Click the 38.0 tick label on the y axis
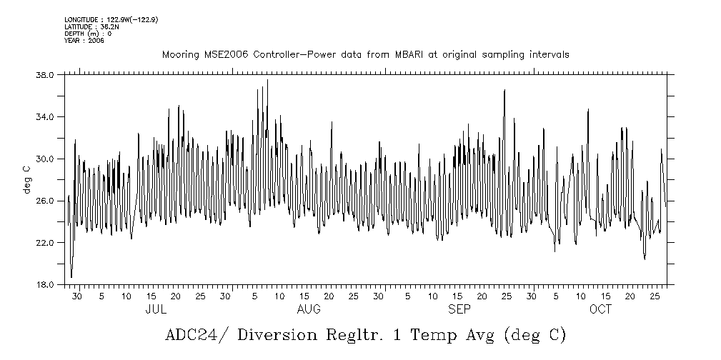(x=44, y=75)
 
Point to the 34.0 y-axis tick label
(x=44, y=117)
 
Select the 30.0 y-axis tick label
(x=44, y=159)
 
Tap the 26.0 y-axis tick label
(x=44, y=201)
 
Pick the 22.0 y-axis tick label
(x=44, y=243)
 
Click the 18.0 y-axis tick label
(x=44, y=284)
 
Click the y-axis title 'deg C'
(x=26, y=179)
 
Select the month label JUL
(x=156, y=310)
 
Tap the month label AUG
(x=309, y=310)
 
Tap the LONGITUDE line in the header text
(x=111, y=19)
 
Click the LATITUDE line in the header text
(x=91, y=26)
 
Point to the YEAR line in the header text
(x=84, y=41)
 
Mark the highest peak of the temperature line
(x=267, y=80)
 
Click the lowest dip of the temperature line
(x=71, y=277)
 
